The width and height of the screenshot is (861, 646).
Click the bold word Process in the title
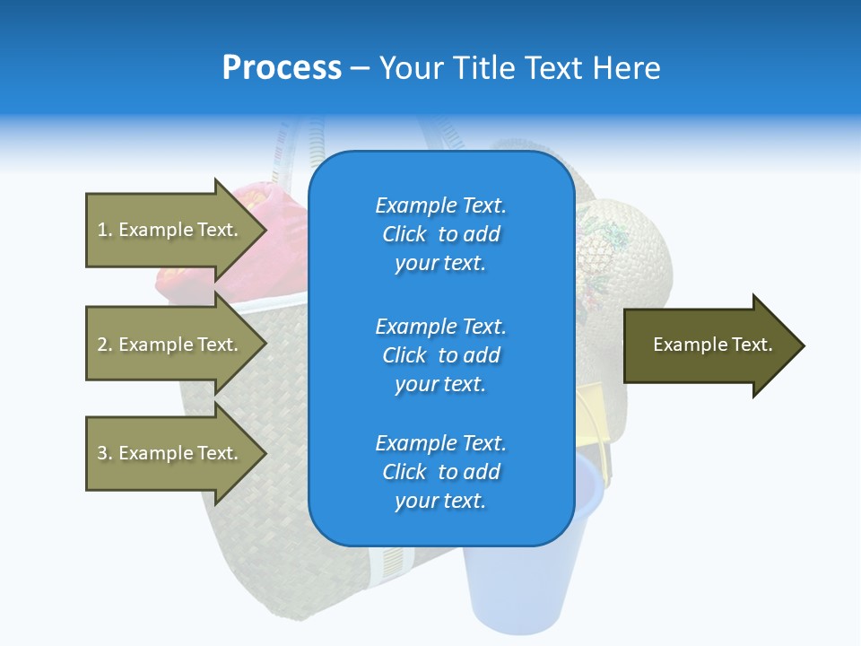point(282,68)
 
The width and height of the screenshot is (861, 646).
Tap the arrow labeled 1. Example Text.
point(170,230)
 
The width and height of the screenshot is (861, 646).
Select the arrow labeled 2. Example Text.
point(170,345)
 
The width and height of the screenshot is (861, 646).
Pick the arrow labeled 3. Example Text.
point(170,453)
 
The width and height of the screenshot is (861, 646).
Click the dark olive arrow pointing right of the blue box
point(709,345)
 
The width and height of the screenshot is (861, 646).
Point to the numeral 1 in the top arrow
point(101,230)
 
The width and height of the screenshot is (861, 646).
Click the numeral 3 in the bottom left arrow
point(101,453)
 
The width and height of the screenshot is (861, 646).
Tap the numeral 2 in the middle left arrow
point(101,345)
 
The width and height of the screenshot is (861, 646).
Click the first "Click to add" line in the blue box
point(440,234)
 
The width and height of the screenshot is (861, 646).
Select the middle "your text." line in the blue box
point(440,384)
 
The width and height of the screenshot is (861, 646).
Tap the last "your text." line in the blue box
point(440,501)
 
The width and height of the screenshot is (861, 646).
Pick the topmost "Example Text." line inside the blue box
point(440,205)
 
